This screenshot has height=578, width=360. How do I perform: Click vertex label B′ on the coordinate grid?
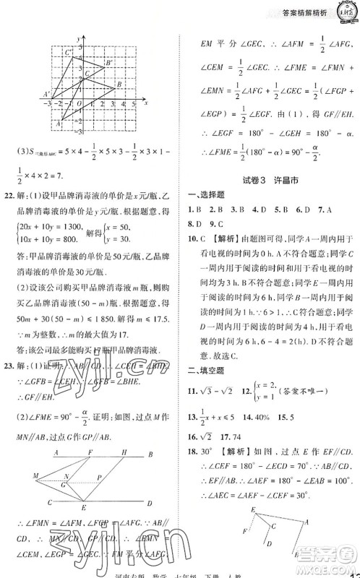(x=108, y=63)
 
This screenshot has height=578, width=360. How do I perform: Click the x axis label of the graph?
(x=146, y=103)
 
